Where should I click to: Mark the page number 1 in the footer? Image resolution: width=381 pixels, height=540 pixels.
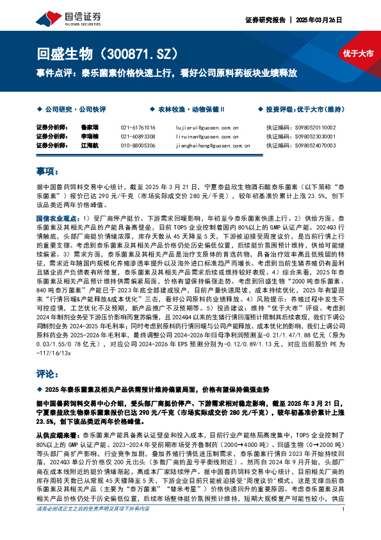(345, 528)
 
